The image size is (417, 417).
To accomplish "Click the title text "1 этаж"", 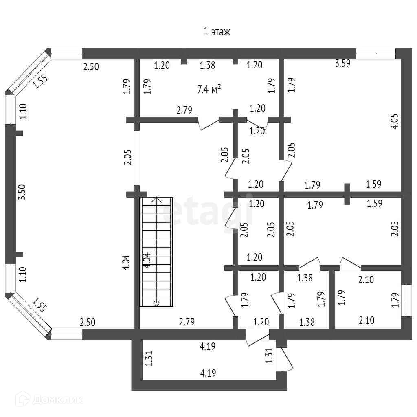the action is [x=217, y=32].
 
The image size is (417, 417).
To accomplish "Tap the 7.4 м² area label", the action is [x=209, y=90].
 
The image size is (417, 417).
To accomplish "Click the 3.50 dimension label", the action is [x=22, y=191].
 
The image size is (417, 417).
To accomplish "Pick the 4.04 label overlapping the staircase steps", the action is [x=147, y=260].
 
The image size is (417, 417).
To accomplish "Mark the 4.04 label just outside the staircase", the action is [x=127, y=262].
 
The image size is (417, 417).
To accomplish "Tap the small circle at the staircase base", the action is [x=156, y=303].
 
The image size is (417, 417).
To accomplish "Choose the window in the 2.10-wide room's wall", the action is [x=404, y=300].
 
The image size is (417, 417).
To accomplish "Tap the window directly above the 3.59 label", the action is [x=375, y=53].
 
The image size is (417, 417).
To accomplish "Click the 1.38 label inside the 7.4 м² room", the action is [x=207, y=65].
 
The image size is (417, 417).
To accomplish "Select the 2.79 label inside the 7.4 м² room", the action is [x=184, y=110].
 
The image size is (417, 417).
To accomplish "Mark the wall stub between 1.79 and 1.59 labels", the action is [x=347, y=194].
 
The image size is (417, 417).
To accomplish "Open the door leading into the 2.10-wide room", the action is [x=350, y=263].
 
